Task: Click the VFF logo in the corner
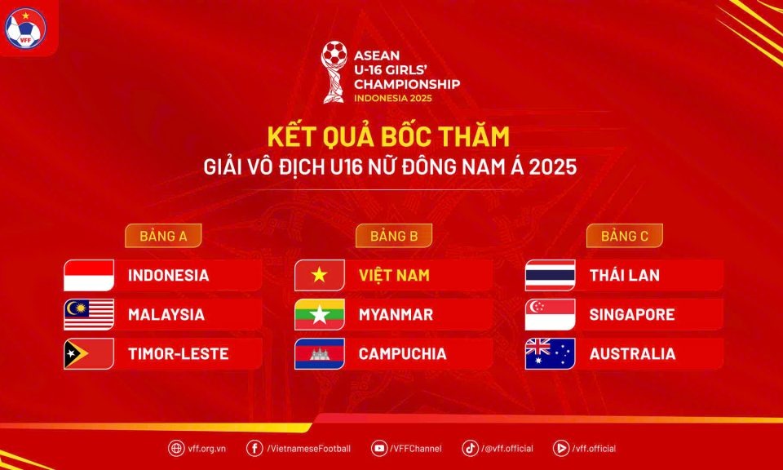point(25,28)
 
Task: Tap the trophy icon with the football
point(334,72)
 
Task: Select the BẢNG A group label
point(163,236)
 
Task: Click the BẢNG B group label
point(394,236)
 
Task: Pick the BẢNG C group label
point(625,236)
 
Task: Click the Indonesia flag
point(89,275)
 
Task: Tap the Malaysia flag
point(89,315)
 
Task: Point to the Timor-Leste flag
point(89,353)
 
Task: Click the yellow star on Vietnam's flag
point(320,275)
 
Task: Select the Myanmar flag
point(320,315)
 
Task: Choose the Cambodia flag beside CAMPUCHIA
point(320,353)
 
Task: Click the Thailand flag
point(551,275)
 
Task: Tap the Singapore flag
point(551,315)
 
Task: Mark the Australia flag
point(551,353)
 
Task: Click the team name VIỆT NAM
point(394,274)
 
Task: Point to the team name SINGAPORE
point(632,315)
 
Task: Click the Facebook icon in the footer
point(254,448)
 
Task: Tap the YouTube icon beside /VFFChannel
point(379,448)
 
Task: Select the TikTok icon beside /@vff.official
point(470,448)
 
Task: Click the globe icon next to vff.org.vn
point(176,448)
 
